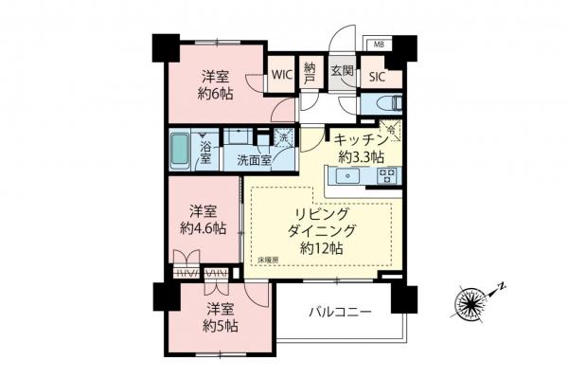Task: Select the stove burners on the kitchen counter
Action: [x=387, y=175]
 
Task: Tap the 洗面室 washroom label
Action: [x=255, y=160]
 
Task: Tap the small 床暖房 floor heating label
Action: [x=268, y=259]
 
